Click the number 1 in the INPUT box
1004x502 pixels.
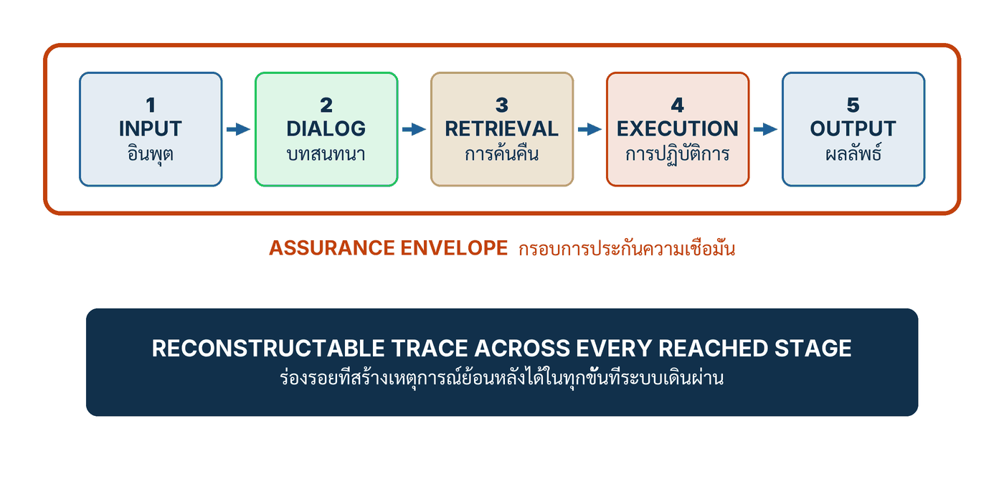point(151,105)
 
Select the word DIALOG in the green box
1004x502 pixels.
point(326,129)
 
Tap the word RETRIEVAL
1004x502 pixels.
point(501,129)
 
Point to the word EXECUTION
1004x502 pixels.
point(677,129)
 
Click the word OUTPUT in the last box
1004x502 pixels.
point(853,129)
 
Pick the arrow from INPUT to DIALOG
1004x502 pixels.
point(238,130)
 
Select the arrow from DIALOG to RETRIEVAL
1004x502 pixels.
point(415,130)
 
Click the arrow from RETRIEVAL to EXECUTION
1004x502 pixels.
point(589,130)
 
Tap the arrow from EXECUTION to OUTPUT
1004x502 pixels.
point(766,130)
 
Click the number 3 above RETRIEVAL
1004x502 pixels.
point(502,105)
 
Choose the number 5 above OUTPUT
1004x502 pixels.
point(853,105)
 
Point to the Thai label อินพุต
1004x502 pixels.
point(151,153)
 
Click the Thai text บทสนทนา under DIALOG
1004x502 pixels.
point(326,154)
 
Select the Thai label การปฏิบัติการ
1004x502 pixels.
point(677,154)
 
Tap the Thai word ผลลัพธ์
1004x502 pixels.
point(853,153)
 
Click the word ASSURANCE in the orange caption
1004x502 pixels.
point(331,248)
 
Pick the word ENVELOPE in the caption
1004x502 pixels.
point(453,248)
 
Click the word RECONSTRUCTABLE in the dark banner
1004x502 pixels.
point(268,349)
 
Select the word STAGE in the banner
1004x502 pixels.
point(813,349)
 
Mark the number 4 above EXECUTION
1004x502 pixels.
point(677,105)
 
